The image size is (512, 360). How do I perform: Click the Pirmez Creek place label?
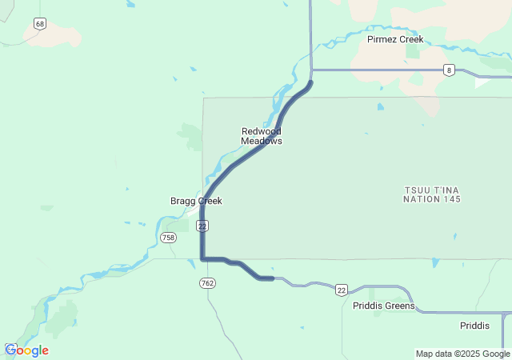point(395,39)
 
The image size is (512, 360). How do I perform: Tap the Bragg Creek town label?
point(196,201)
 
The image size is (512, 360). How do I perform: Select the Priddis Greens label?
point(384,306)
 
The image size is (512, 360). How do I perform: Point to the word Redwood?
point(262,131)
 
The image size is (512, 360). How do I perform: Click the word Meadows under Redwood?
point(262,141)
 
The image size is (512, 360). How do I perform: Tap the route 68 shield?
point(40,24)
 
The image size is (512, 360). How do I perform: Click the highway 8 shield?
point(450,70)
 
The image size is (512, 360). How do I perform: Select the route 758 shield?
point(168,238)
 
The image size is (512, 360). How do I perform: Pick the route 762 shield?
point(208,283)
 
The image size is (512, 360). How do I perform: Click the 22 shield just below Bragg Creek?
point(202,226)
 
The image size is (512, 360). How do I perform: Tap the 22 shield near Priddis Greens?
point(342,289)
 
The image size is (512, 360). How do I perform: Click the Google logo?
point(26,350)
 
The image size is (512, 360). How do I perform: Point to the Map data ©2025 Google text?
point(462,354)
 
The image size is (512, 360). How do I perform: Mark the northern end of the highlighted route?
point(310,82)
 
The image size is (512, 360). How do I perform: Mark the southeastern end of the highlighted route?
point(272,278)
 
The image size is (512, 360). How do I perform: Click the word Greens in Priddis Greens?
point(399,306)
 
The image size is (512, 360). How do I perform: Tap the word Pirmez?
point(382,39)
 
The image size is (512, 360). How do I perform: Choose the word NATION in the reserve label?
point(421,198)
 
